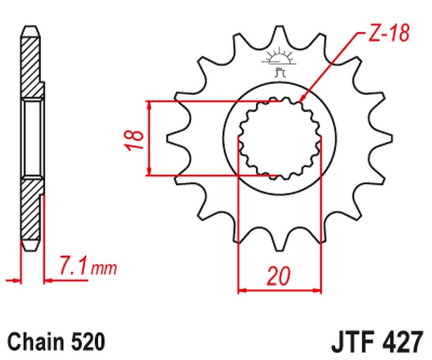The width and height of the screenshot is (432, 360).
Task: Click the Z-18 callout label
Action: click(388, 34)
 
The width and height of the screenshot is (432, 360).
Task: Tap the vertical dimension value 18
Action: click(136, 139)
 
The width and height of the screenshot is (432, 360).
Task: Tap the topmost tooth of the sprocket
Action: click(280, 33)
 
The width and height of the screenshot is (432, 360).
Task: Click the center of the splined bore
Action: click(280, 139)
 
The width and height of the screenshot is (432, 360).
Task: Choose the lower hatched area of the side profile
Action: click(30, 213)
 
